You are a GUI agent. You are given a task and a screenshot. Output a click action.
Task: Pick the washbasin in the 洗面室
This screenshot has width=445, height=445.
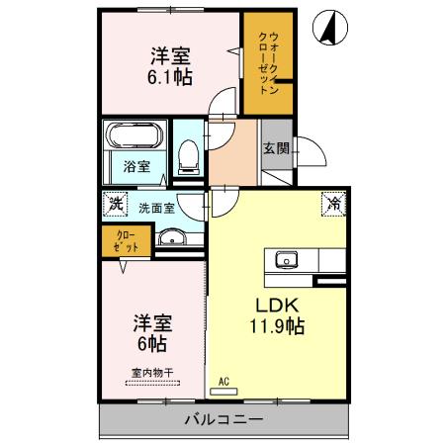tap(172, 237)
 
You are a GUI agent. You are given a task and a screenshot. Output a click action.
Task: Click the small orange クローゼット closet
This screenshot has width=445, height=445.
tap(122, 238)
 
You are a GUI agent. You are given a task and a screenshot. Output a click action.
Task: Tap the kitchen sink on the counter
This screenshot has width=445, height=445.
tap(288, 260)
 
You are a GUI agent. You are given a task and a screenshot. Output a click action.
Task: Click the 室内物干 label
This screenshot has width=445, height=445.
tap(151, 373)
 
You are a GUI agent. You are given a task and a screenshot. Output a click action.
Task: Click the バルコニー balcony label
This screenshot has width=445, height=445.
tap(223, 420)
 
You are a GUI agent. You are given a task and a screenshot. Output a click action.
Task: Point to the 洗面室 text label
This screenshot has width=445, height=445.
tap(155, 208)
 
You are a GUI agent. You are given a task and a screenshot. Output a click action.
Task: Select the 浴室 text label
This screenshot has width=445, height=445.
tap(136, 166)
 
